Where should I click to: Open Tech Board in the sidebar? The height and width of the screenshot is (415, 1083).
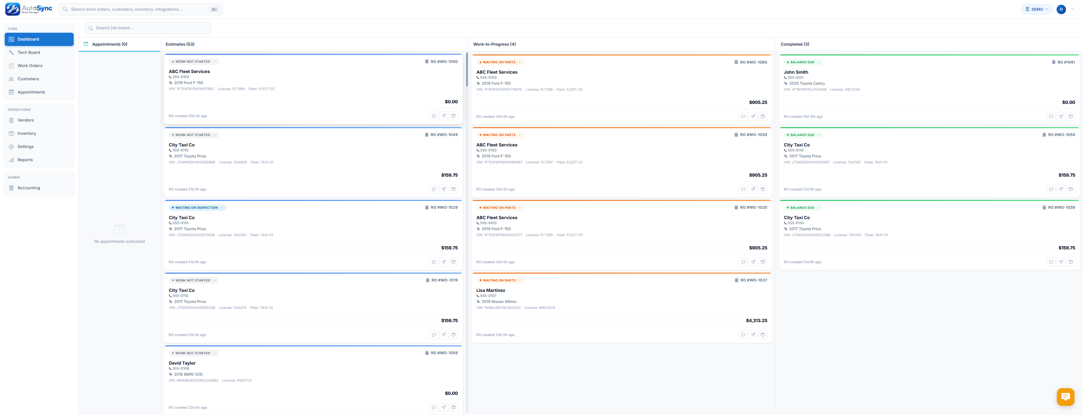pos(29,53)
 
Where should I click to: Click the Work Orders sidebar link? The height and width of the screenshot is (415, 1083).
pos(30,65)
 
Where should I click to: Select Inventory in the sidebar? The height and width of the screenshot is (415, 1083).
pos(26,133)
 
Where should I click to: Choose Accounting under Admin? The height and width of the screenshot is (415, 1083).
pos(29,188)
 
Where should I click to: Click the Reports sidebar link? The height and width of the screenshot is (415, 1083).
pos(25,160)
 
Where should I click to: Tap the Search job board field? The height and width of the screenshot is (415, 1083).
pos(148,28)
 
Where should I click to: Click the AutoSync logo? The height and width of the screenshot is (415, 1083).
pos(29,9)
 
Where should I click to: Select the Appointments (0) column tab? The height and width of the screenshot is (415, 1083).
pos(110,44)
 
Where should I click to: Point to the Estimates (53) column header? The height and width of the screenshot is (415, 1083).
pos(180,44)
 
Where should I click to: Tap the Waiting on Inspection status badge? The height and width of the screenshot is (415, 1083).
pos(197,208)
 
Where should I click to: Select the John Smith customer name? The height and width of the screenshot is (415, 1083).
pos(795,72)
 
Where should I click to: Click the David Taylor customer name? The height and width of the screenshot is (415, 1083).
pos(182,363)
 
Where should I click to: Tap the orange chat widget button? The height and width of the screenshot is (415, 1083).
pos(1065,396)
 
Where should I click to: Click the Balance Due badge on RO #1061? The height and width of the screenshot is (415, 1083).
pos(802,62)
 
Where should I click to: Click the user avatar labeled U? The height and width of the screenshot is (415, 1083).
pos(1061,9)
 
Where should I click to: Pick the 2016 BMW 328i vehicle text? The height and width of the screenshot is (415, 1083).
pos(188,374)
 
